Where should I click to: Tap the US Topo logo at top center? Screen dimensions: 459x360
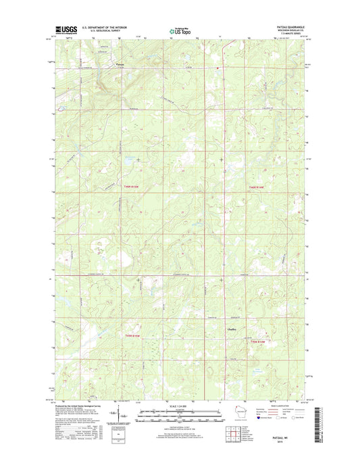tap(179, 30)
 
